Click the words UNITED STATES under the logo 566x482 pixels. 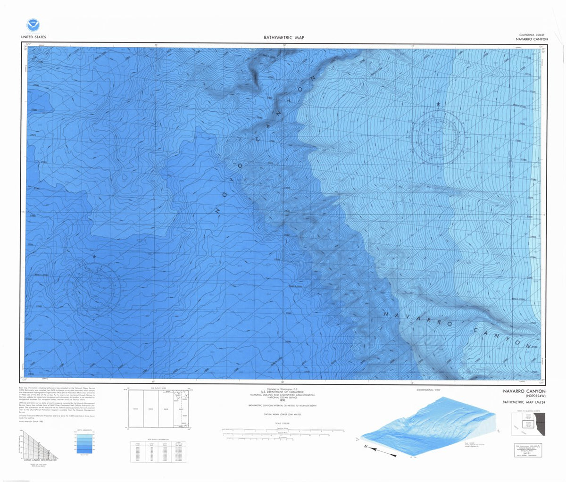33,37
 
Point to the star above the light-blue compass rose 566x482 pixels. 438,104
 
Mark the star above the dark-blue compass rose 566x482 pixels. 94,257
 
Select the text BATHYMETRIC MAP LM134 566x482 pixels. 524,402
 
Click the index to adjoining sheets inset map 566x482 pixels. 528,424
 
